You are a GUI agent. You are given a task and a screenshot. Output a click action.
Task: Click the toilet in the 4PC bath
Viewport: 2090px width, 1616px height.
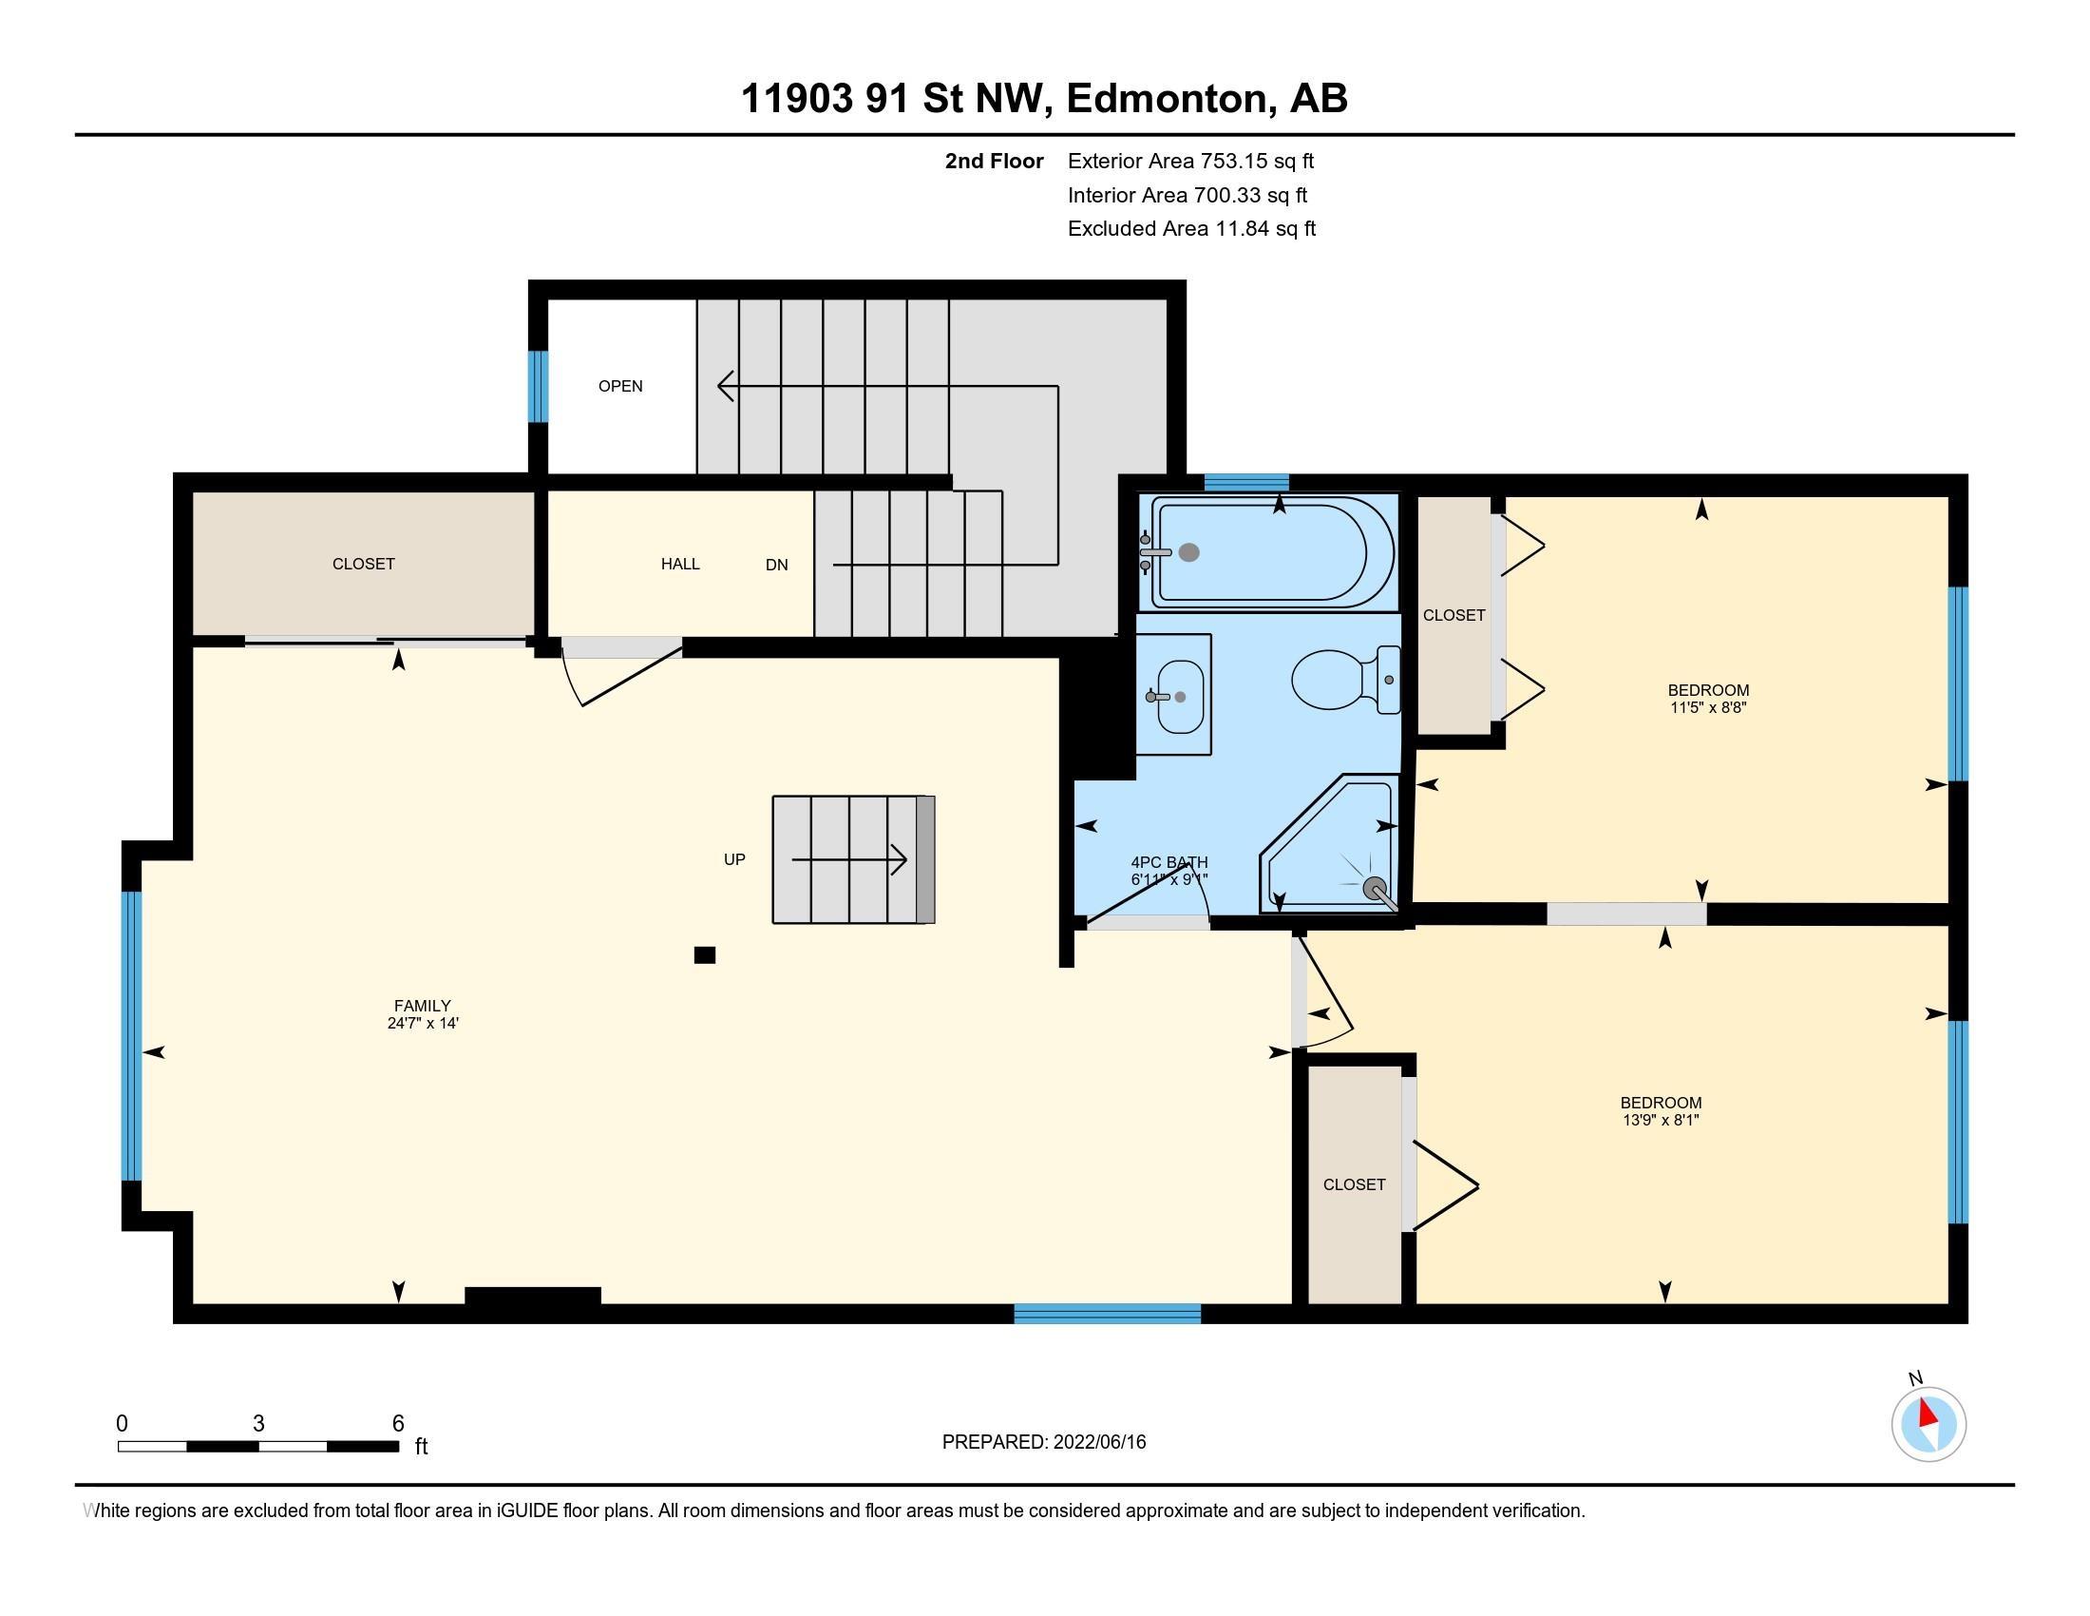pyautogui.click(x=1345, y=679)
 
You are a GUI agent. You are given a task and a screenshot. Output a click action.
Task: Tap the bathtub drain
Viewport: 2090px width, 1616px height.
pyautogui.click(x=1189, y=552)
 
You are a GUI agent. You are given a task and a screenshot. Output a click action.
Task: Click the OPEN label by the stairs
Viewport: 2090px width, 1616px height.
pyautogui.click(x=620, y=386)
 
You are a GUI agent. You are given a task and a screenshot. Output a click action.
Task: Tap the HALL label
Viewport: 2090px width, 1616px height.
pyautogui.click(x=680, y=564)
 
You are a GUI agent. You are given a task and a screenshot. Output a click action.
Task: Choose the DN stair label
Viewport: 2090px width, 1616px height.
pyautogui.click(x=777, y=565)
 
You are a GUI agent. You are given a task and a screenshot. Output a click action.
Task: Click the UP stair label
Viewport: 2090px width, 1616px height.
pyautogui.click(x=734, y=859)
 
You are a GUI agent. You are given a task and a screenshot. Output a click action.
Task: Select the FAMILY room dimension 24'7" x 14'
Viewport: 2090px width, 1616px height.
pyautogui.click(x=423, y=1024)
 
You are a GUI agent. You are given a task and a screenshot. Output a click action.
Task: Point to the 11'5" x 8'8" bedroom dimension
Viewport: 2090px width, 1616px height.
pyautogui.click(x=1709, y=707)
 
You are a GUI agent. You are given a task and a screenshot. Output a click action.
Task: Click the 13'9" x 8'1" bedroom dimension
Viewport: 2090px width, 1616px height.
pyautogui.click(x=1662, y=1120)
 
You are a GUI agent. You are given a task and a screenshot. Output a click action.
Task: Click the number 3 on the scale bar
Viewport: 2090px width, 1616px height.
pyautogui.click(x=258, y=1424)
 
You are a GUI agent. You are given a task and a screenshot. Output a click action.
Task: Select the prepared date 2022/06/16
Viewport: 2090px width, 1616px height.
pyautogui.click(x=1099, y=1442)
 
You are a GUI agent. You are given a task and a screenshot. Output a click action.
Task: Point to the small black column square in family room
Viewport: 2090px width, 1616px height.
pyautogui.click(x=705, y=954)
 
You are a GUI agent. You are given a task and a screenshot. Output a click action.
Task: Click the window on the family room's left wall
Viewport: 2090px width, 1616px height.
pyautogui.click(x=132, y=1036)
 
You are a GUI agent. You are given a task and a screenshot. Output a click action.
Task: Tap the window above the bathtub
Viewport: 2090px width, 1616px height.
pyautogui.click(x=1246, y=483)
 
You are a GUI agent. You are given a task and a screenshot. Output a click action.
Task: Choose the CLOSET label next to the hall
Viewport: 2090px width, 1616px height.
pyautogui.click(x=364, y=564)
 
